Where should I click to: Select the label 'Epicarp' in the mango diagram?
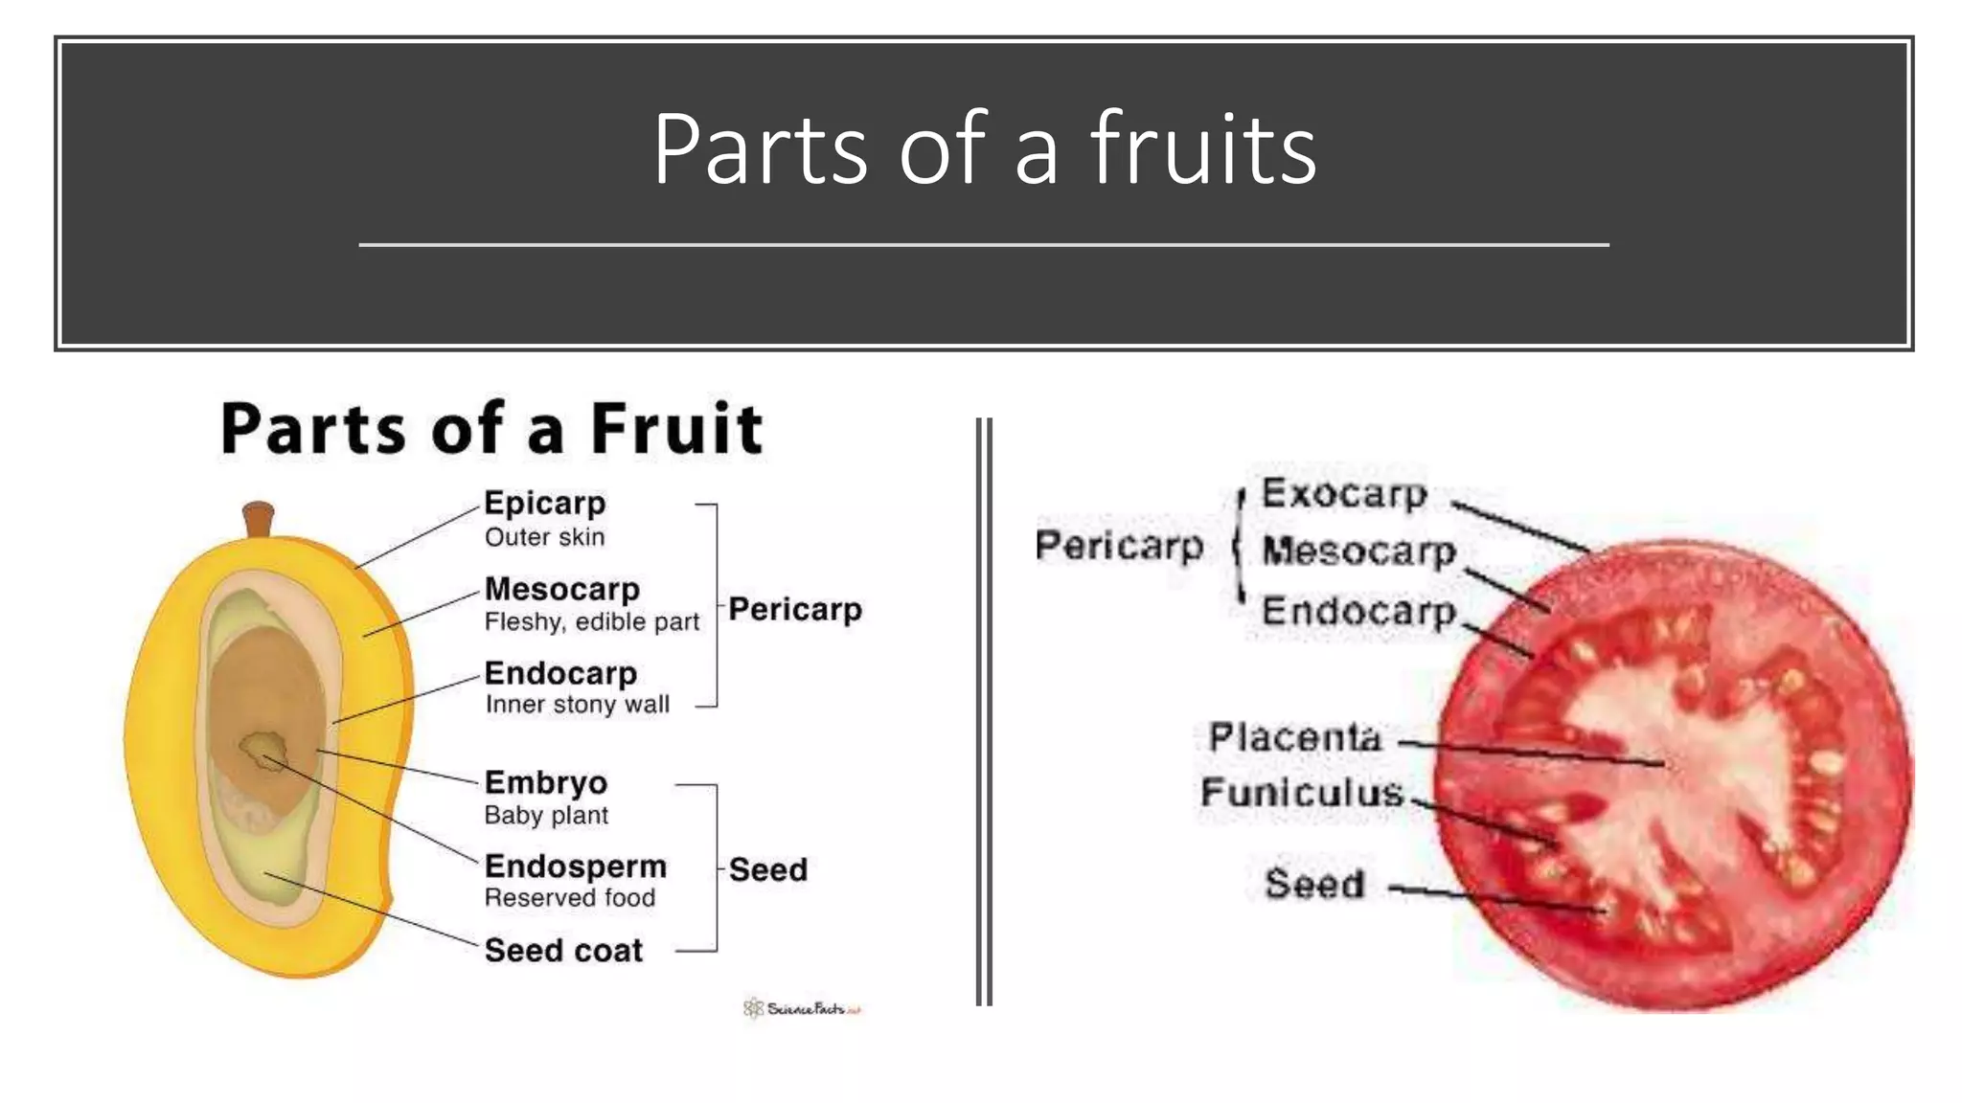544,504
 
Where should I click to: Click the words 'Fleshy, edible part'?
591,622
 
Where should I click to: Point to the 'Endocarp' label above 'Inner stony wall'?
560,673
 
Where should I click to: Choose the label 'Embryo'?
545,782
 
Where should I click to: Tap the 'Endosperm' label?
575,866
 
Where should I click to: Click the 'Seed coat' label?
563,950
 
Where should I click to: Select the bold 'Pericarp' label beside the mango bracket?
794,609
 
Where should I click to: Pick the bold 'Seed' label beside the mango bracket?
767,869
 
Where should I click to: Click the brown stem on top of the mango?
258,519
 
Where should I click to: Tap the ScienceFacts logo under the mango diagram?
802,1008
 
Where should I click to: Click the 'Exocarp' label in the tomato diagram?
1344,494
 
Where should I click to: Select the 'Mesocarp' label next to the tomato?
1358,551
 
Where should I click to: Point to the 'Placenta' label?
1294,737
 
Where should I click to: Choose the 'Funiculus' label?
1301,793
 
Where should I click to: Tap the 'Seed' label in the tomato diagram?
1313,883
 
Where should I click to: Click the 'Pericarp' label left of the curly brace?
1119,546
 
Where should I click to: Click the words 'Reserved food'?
569,898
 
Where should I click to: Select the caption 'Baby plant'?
546,816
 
